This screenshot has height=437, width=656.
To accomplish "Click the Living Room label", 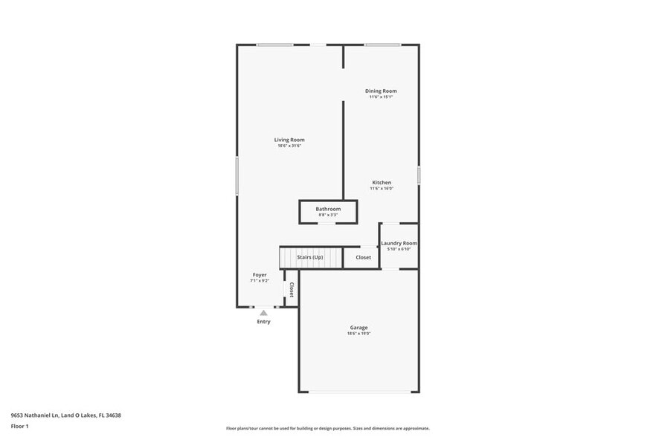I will [289, 140].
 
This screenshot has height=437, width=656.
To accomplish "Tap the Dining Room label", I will [381, 91].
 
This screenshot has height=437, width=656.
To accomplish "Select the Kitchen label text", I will [382, 183].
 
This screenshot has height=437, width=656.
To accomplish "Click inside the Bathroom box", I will [328, 211].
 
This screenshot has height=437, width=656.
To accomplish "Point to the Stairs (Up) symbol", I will [310, 257].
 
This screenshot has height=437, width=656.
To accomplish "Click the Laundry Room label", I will [399, 243].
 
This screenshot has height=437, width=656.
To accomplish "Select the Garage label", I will [358, 328].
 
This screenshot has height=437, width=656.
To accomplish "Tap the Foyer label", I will [259, 275].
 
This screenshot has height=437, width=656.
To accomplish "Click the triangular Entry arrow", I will [263, 313].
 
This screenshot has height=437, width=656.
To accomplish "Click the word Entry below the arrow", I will [263, 322].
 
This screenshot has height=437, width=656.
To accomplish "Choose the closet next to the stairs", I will [363, 257].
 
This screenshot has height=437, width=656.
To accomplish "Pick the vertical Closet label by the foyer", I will [292, 290].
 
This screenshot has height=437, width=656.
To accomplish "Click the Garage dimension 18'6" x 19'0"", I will [358, 334].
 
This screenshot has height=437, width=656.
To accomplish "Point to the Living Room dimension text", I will [289, 146].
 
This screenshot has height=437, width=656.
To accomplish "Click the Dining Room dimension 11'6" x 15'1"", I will [381, 97].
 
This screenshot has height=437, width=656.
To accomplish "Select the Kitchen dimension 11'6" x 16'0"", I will [382, 189].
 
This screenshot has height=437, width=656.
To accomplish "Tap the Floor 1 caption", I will [19, 426].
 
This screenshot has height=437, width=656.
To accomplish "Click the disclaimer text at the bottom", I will [327, 428].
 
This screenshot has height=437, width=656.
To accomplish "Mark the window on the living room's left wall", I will [237, 175].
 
